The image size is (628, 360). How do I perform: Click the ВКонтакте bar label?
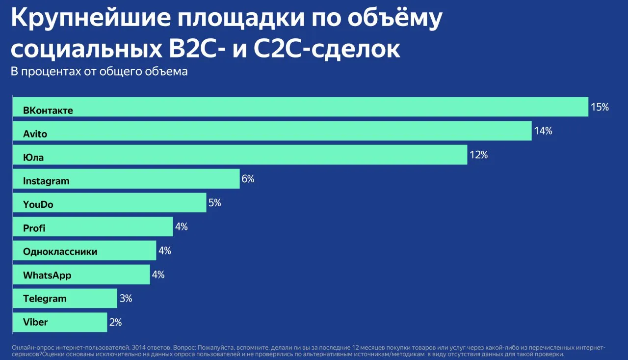click(x=48, y=111)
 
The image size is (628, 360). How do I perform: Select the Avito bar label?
click(x=35, y=134)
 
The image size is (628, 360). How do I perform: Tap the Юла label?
click(x=33, y=158)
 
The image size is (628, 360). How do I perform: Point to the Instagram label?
click(x=46, y=181)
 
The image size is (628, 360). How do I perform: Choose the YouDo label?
click(x=38, y=204)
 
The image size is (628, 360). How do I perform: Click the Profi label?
click(x=34, y=228)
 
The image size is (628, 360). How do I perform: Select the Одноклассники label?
click(x=60, y=251)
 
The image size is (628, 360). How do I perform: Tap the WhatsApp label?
click(x=47, y=275)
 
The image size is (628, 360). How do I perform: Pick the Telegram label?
click(x=45, y=299)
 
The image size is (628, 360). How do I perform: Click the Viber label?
click(x=35, y=322)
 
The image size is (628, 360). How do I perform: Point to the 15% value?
click(x=600, y=107)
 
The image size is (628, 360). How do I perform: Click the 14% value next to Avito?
click(x=543, y=131)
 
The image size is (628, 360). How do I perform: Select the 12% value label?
click(x=479, y=155)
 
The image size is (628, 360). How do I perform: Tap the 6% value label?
click(x=248, y=178)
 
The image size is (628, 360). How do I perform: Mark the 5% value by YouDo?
click(x=215, y=202)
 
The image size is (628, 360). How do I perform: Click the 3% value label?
click(x=126, y=298)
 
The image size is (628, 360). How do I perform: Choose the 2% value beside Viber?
click(x=115, y=322)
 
